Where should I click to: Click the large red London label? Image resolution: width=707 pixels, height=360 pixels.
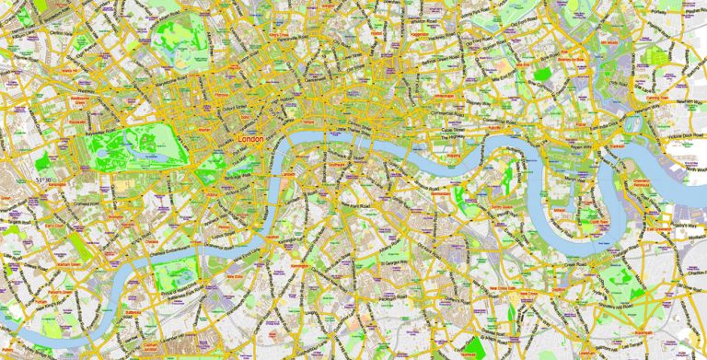(250, 139)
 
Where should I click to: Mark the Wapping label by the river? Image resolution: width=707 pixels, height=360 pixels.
(453, 155)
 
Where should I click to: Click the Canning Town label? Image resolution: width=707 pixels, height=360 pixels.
(657, 97)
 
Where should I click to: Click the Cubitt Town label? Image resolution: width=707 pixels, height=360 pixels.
(599, 222)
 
